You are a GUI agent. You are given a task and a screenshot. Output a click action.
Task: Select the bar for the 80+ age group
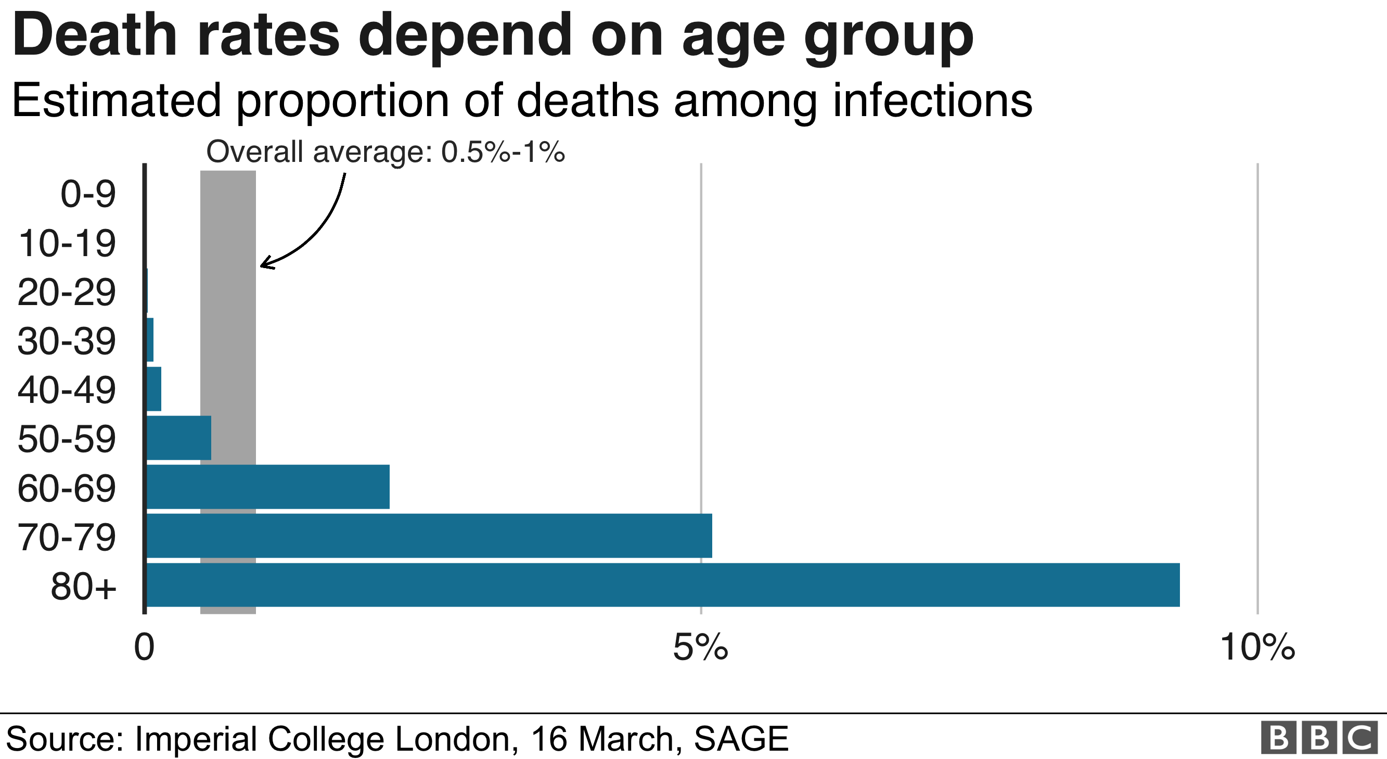(662, 585)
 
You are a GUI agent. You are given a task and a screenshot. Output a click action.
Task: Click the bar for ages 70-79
(429, 536)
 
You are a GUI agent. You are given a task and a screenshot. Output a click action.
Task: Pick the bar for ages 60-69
(267, 486)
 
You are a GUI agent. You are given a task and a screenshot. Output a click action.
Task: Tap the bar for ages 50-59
(178, 437)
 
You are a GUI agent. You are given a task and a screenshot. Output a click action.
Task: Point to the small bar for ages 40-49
(154, 388)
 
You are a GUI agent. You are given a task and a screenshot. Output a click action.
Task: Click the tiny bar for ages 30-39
(150, 339)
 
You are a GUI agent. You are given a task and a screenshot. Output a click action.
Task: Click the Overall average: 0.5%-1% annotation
(385, 152)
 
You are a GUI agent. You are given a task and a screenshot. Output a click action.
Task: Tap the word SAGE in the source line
(741, 739)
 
